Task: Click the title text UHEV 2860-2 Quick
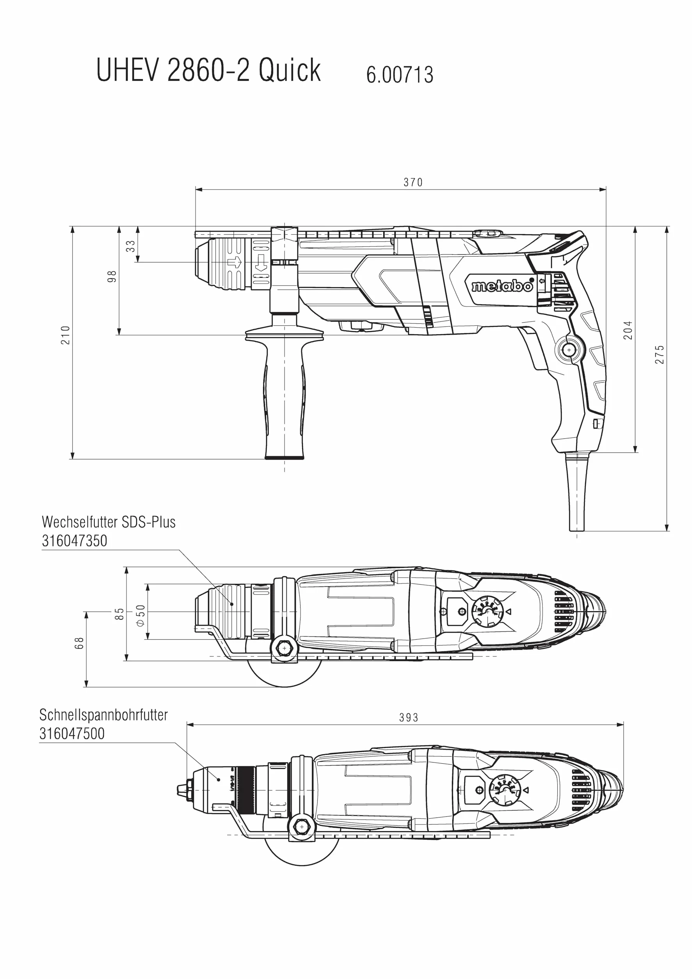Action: coord(208,70)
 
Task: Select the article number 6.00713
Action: coord(399,74)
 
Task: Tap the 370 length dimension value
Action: coord(413,183)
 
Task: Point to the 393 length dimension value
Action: coord(409,718)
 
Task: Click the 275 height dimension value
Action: coord(660,354)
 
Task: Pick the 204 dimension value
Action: coord(628,330)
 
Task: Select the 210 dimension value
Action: coord(65,335)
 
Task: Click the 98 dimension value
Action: coord(112,276)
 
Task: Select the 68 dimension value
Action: coord(79,643)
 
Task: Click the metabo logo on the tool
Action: coord(503,285)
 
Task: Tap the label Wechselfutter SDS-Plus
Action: coord(109,522)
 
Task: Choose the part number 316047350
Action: coord(74,541)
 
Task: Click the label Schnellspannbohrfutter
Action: coord(104,715)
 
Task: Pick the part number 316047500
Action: coord(72,733)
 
